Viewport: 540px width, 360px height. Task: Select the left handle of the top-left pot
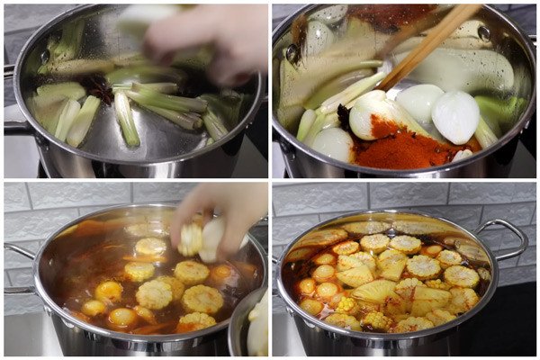tap(13, 126)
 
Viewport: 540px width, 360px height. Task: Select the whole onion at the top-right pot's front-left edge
tap(334, 144)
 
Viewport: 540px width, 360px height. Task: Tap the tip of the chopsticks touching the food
tap(382, 86)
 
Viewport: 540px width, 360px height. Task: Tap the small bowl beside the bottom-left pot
tap(252, 324)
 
